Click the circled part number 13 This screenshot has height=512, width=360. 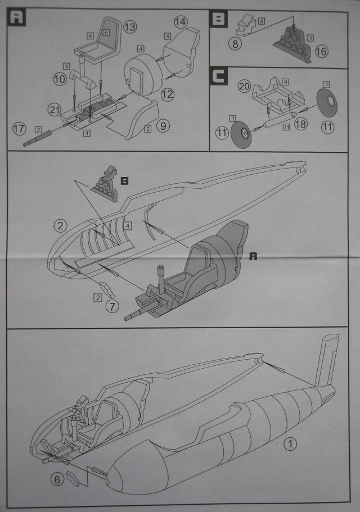(x=130, y=27)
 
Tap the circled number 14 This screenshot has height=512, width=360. (x=181, y=22)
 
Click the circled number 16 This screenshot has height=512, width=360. (x=321, y=52)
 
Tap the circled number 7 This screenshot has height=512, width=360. (x=112, y=306)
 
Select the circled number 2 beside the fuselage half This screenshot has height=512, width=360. (x=59, y=226)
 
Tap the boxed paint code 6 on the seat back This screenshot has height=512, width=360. (x=106, y=33)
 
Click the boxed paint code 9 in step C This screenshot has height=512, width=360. (x=286, y=81)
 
